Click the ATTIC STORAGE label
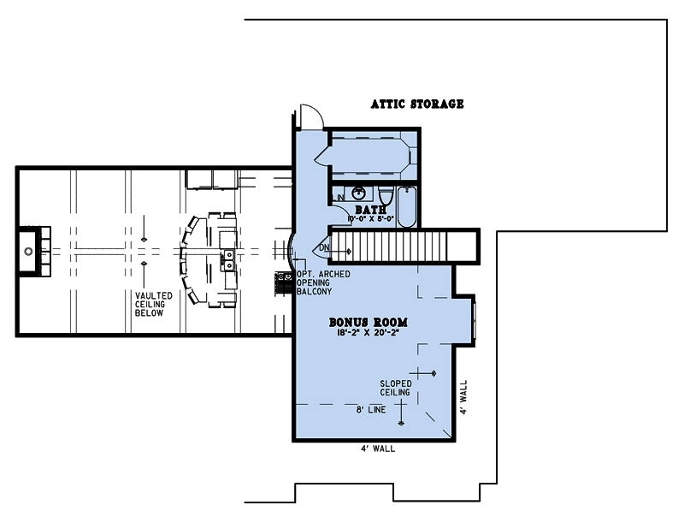click(x=417, y=104)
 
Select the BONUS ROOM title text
click(x=368, y=323)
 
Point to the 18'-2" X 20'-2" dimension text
click(x=369, y=333)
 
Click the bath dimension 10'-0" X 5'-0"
click(x=369, y=219)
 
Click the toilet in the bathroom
click(x=385, y=196)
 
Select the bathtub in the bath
click(x=408, y=205)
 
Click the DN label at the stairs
click(x=324, y=248)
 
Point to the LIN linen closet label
click(x=339, y=199)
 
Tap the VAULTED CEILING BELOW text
click(x=153, y=304)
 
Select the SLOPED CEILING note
click(x=396, y=388)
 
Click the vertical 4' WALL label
click(x=463, y=399)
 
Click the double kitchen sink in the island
click(x=229, y=257)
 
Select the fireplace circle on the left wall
click(x=28, y=252)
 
